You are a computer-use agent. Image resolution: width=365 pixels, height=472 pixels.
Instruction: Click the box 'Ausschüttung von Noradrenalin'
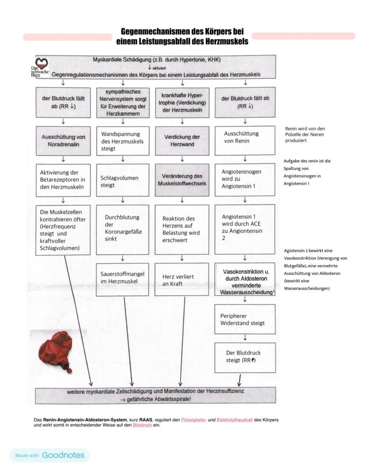click(63, 141)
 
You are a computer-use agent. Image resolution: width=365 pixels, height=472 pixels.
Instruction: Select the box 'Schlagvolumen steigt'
click(123, 181)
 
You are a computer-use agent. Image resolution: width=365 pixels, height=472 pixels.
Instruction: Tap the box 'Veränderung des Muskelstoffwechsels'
click(182, 179)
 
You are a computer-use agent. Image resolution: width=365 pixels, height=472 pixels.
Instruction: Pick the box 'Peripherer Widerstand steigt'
click(245, 320)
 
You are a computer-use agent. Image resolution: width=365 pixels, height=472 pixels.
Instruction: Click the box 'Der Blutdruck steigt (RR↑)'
click(245, 356)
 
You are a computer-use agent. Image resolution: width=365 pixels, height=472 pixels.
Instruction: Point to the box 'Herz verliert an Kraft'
click(182, 280)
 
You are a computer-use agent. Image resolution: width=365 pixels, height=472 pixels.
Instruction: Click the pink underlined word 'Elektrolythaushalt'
click(235, 420)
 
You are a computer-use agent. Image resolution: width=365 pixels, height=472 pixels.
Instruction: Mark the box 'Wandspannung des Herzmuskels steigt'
click(123, 141)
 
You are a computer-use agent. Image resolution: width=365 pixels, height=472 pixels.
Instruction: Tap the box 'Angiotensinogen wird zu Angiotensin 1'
click(245, 179)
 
